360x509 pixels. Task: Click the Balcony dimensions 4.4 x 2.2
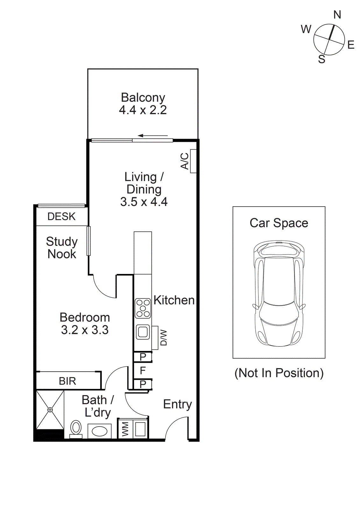(x=143, y=110)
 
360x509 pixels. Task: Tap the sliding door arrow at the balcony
(x=153, y=136)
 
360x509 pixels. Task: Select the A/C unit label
(x=185, y=161)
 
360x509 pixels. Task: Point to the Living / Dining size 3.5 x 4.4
(x=144, y=202)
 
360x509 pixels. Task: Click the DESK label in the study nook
(x=61, y=217)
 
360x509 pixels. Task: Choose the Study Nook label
(x=62, y=248)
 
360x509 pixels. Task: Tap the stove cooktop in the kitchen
(x=143, y=308)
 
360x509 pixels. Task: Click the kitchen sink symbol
(x=143, y=332)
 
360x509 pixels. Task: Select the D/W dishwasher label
(x=164, y=338)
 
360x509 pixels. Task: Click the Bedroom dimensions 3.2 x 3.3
(x=85, y=330)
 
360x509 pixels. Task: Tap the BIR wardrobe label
(x=67, y=381)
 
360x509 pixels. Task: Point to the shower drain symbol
(x=50, y=409)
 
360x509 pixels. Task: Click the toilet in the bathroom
(x=76, y=429)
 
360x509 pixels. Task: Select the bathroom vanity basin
(x=99, y=431)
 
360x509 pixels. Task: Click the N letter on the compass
(x=337, y=15)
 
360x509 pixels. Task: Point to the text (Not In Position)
(x=279, y=373)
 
